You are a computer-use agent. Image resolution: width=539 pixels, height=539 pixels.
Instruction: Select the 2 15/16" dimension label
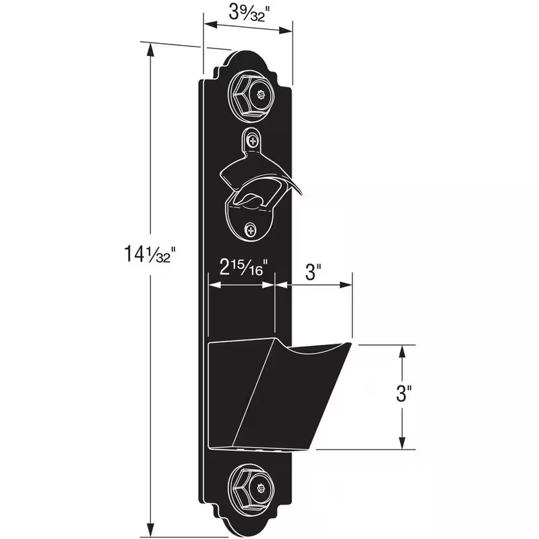243,267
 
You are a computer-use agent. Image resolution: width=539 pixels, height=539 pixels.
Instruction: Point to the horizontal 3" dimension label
313,272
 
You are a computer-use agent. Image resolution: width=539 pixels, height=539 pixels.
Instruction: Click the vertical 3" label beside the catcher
404,393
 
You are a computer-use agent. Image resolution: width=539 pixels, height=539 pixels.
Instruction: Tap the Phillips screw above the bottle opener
253,140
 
